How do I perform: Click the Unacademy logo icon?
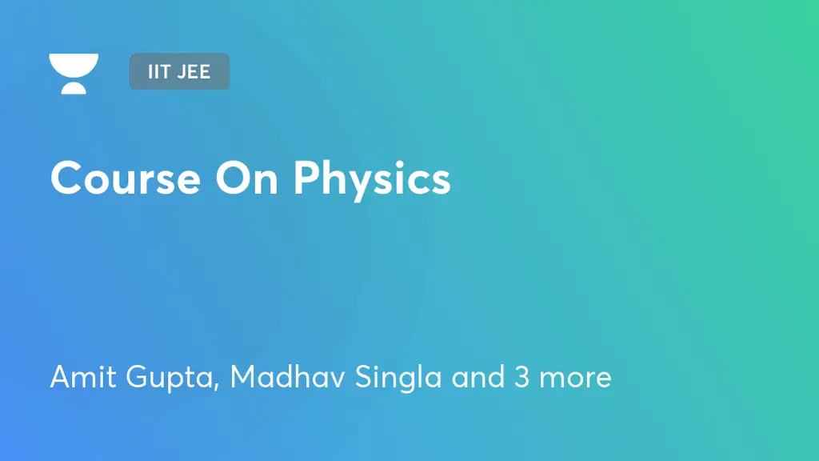tap(74, 74)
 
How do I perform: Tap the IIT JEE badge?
tap(179, 71)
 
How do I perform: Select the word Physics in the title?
tap(372, 179)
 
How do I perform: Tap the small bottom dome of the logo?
tap(74, 88)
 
